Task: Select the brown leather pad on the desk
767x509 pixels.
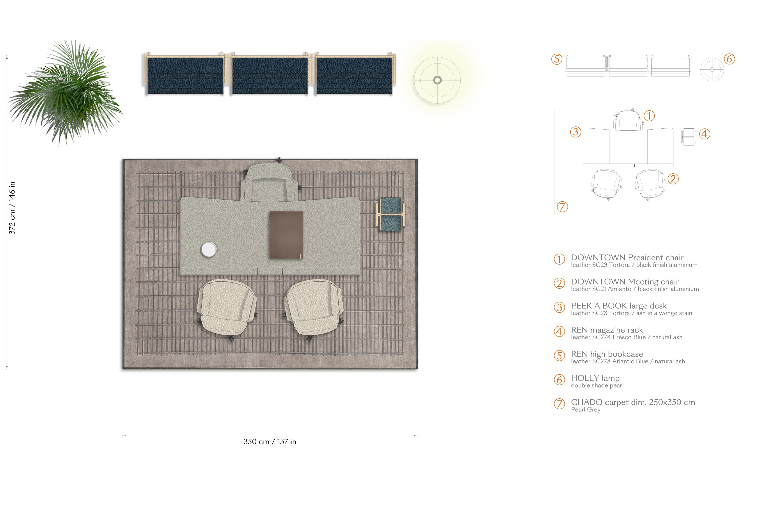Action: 286,235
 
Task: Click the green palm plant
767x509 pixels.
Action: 65,93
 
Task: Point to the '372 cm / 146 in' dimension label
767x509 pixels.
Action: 12,208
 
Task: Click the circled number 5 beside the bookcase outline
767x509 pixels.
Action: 557,59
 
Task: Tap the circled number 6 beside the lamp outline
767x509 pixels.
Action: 729,59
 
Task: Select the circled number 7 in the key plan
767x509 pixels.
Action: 562,207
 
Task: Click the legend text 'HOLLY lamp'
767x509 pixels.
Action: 595,378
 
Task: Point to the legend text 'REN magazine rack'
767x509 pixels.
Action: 607,330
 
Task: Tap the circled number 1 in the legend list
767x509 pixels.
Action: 559,259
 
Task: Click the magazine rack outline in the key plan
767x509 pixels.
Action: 689,137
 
